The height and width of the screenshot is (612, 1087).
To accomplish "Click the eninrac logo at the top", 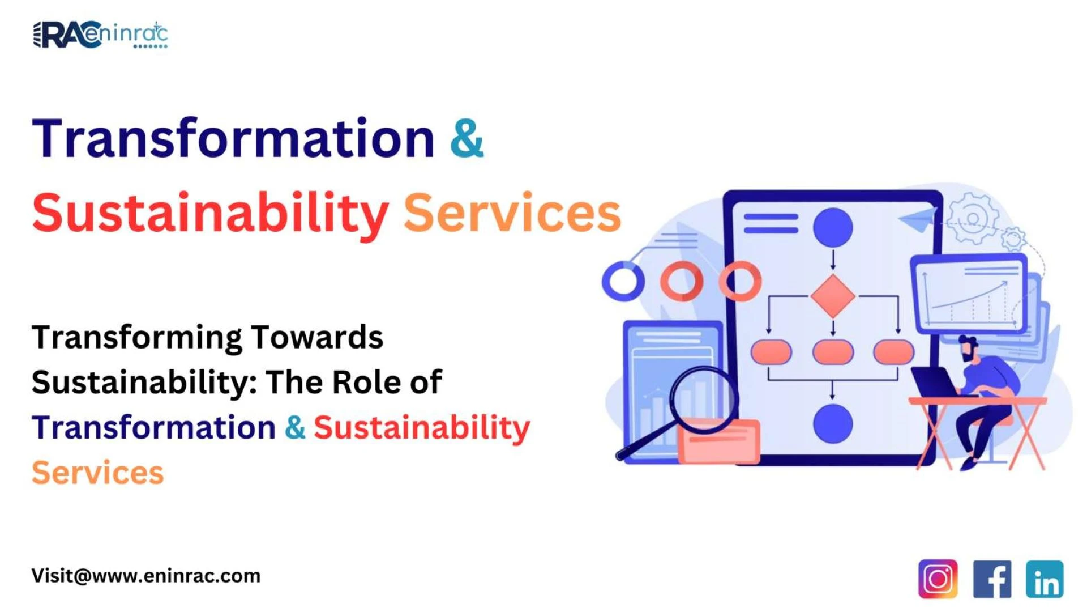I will pyautogui.click(x=100, y=35).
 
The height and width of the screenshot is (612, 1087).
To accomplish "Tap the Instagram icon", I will pyautogui.click(x=938, y=579).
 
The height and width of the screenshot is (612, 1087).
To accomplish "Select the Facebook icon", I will pyautogui.click(x=992, y=579).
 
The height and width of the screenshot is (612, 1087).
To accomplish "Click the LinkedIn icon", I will pyautogui.click(x=1045, y=579).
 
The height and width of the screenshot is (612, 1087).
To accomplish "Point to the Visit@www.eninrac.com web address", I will pyautogui.click(x=146, y=576).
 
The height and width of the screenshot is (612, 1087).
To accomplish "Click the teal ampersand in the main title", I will pyautogui.click(x=467, y=138).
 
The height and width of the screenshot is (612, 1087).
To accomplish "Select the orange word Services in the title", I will pyautogui.click(x=512, y=213).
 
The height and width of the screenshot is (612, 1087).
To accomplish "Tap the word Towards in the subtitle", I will pyautogui.click(x=316, y=337).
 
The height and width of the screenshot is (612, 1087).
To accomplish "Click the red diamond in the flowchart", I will pyautogui.click(x=833, y=296).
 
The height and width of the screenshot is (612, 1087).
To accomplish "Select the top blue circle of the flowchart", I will pyautogui.click(x=833, y=227).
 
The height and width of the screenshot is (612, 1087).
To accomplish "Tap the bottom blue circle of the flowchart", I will pyautogui.click(x=833, y=423).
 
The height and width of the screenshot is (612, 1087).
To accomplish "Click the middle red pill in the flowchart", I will pyautogui.click(x=833, y=352).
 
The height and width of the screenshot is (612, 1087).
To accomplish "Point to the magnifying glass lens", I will pyautogui.click(x=704, y=399).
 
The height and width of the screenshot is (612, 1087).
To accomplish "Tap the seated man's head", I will pyautogui.click(x=969, y=348).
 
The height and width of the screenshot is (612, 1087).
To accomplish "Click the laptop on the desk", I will pyautogui.click(x=934, y=382).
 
